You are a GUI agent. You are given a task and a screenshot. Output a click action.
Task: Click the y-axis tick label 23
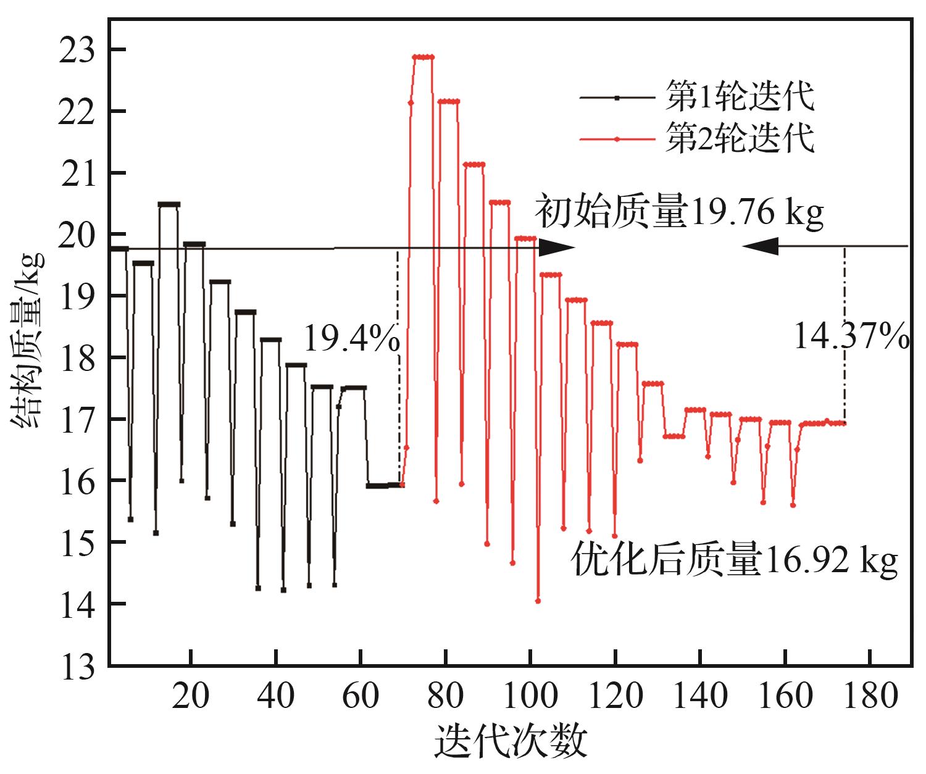[77, 51]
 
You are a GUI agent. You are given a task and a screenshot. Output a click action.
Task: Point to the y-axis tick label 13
[77, 667]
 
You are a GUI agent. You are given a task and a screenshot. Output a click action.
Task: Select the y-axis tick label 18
[77, 358]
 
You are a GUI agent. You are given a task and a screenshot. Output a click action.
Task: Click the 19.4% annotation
[351, 338]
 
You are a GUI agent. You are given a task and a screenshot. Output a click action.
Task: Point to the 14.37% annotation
[851, 337]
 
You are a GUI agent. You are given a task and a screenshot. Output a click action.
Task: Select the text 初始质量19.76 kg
[679, 212]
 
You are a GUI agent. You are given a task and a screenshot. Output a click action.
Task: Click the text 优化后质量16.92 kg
[735, 560]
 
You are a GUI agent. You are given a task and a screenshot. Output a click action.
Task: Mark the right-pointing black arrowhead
[557, 248]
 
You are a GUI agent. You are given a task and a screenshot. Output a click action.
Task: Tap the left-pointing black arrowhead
[761, 246]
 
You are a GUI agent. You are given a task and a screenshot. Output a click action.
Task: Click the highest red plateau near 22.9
[423, 57]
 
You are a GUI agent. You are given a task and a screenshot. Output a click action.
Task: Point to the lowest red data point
[538, 601]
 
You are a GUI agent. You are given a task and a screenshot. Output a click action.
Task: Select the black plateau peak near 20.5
[169, 204]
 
